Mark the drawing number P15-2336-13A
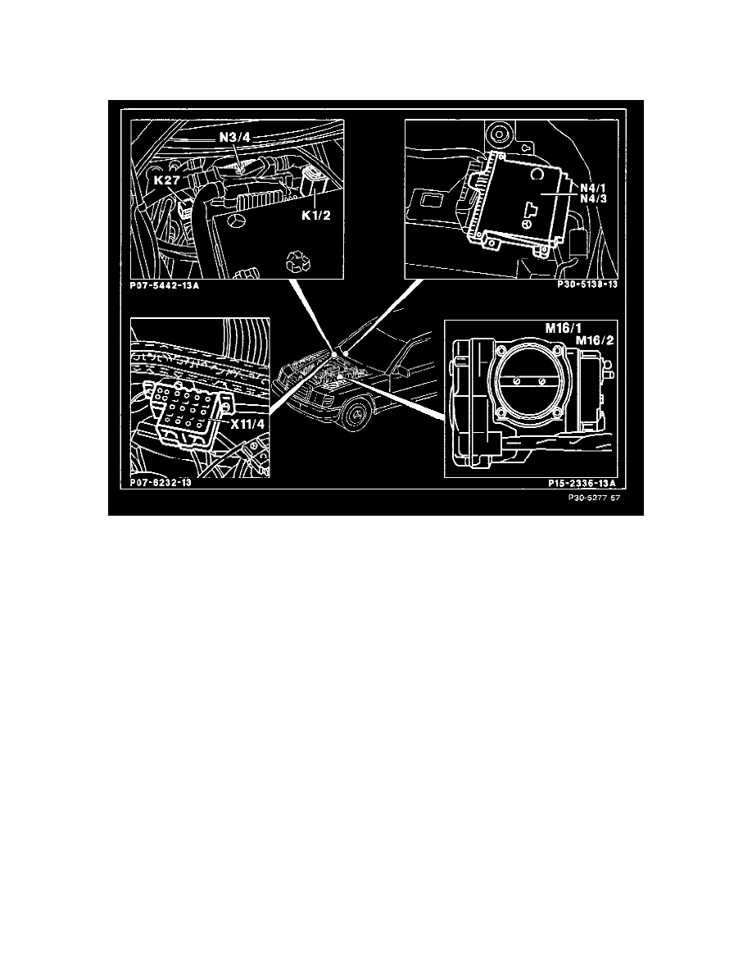581,484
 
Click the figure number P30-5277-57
588,498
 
